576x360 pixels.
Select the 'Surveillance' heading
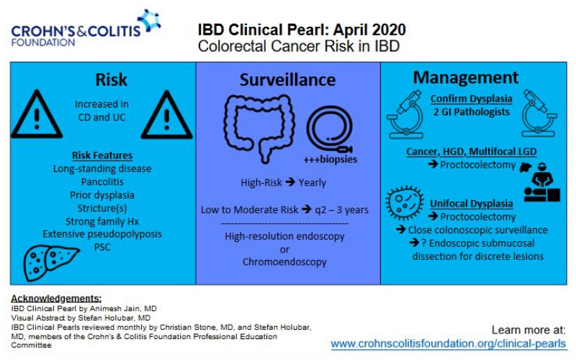[287, 79]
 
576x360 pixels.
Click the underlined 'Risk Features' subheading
[102, 156]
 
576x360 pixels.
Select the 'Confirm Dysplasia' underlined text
[471, 99]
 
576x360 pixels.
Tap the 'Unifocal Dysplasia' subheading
[472, 204]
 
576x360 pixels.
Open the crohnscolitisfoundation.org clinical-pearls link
[448, 343]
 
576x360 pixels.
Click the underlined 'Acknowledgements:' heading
[56, 298]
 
